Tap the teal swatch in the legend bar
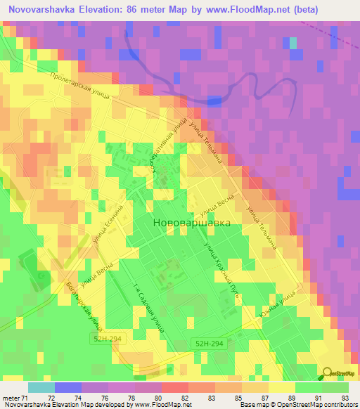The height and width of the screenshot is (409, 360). tap(41, 387)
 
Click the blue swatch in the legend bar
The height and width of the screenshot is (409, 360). tap(67, 387)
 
